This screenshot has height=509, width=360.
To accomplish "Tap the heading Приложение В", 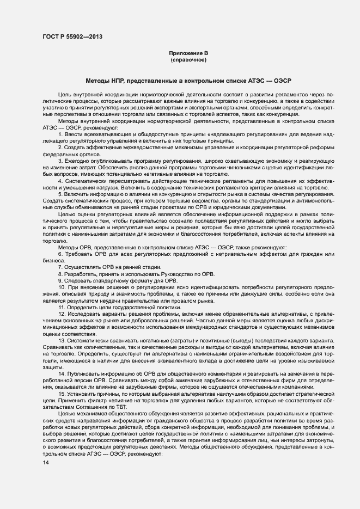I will (x=188, y=53).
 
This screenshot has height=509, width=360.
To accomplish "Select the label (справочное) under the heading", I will (x=188, y=59).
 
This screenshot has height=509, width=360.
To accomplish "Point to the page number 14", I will (x=45, y=463).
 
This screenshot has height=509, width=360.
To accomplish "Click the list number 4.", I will (x=60, y=181).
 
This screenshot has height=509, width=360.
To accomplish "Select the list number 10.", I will (x=62, y=286).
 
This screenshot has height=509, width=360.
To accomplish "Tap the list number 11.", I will (x=62, y=306).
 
